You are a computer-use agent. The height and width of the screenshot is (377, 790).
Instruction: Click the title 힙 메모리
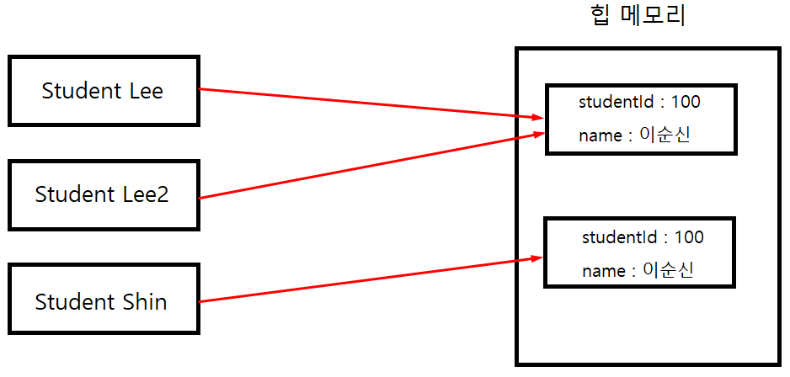coord(638,16)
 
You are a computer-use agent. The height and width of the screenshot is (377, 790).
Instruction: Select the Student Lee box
coord(103,91)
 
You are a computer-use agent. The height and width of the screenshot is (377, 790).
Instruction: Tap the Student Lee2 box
coord(103,194)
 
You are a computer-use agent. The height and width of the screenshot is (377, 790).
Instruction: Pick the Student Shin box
coord(103,301)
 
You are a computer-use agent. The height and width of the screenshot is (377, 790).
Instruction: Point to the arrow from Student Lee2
coord(362,165)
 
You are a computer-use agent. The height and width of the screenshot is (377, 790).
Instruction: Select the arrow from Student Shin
coord(362,279)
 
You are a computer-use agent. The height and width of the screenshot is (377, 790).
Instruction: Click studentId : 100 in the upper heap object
coord(639,103)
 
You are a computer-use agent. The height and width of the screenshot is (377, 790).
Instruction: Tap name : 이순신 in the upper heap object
coord(634,135)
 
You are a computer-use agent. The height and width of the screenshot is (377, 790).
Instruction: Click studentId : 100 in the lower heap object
coord(643,237)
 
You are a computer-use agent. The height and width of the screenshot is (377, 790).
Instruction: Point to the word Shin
coord(145,301)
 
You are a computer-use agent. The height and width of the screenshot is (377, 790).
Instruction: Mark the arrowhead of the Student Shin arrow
coord(534,258)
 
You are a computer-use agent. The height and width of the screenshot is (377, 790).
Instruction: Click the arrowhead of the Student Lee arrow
coord(534,117)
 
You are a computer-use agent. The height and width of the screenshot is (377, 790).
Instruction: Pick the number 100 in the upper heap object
coord(686,103)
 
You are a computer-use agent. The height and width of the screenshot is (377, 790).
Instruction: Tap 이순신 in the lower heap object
coord(671,270)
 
